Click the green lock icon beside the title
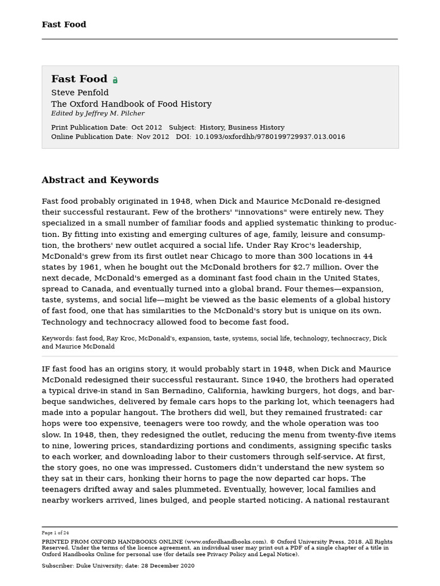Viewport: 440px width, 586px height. coord(115,80)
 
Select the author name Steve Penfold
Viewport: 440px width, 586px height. coord(80,93)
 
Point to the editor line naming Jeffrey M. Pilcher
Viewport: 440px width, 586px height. coord(97,114)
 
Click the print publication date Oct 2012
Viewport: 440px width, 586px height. coord(146,128)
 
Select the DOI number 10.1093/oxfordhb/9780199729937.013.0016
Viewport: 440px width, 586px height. coord(270,137)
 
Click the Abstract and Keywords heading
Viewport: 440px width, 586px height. coord(100,180)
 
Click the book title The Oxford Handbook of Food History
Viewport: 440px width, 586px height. coord(131,104)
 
